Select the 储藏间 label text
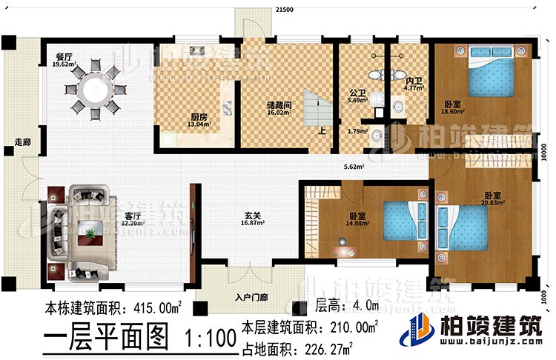[x=279, y=105]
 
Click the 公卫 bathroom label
[x=357, y=93]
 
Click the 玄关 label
[x=251, y=217]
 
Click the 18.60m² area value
[x=453, y=112]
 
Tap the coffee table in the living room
[x=90, y=235]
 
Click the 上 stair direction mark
[x=321, y=132]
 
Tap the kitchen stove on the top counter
[x=198, y=50]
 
